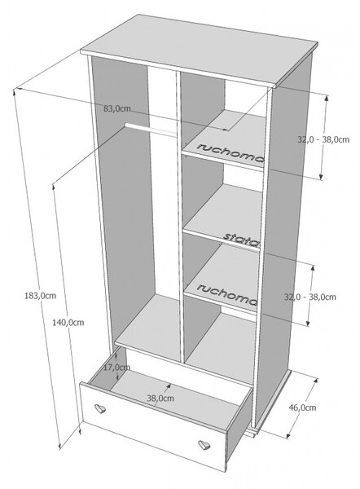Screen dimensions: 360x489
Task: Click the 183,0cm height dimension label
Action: click(x=40, y=296)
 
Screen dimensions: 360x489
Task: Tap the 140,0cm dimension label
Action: click(x=68, y=323)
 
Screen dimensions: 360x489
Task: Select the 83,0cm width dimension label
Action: click(x=117, y=109)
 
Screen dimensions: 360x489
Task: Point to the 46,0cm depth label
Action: click(x=302, y=407)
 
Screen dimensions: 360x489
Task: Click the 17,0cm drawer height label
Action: click(x=116, y=368)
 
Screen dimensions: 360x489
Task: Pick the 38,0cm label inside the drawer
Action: click(x=160, y=399)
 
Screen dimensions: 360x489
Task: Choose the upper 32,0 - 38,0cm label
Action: click(x=323, y=139)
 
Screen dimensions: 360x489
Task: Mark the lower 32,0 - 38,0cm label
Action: click(x=310, y=297)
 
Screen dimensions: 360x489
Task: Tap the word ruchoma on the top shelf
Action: click(x=230, y=153)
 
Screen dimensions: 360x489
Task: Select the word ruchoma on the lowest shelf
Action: click(x=227, y=294)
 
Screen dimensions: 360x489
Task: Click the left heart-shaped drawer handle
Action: click(x=100, y=408)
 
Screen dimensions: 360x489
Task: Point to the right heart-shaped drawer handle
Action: click(x=204, y=445)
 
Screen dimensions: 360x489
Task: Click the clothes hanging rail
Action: click(x=151, y=130)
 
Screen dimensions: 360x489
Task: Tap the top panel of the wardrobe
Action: click(x=200, y=50)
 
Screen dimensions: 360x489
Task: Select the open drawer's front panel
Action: click(x=153, y=425)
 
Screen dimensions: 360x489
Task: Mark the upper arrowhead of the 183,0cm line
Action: click(x=15, y=91)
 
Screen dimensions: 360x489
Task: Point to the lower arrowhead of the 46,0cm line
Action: click(x=288, y=435)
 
